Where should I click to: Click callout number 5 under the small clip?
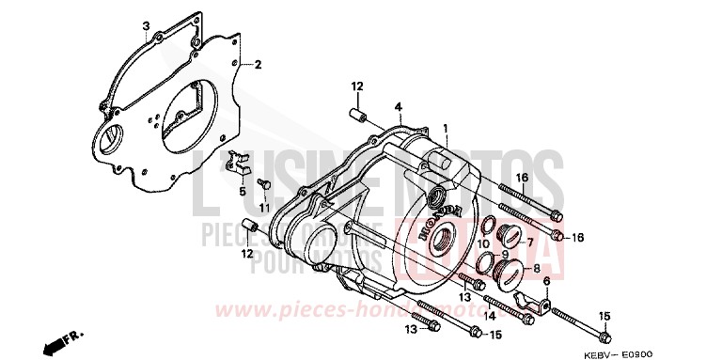click(242, 191)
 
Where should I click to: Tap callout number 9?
click(505, 253)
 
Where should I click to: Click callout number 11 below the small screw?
click(265, 207)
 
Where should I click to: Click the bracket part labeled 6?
click(535, 305)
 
